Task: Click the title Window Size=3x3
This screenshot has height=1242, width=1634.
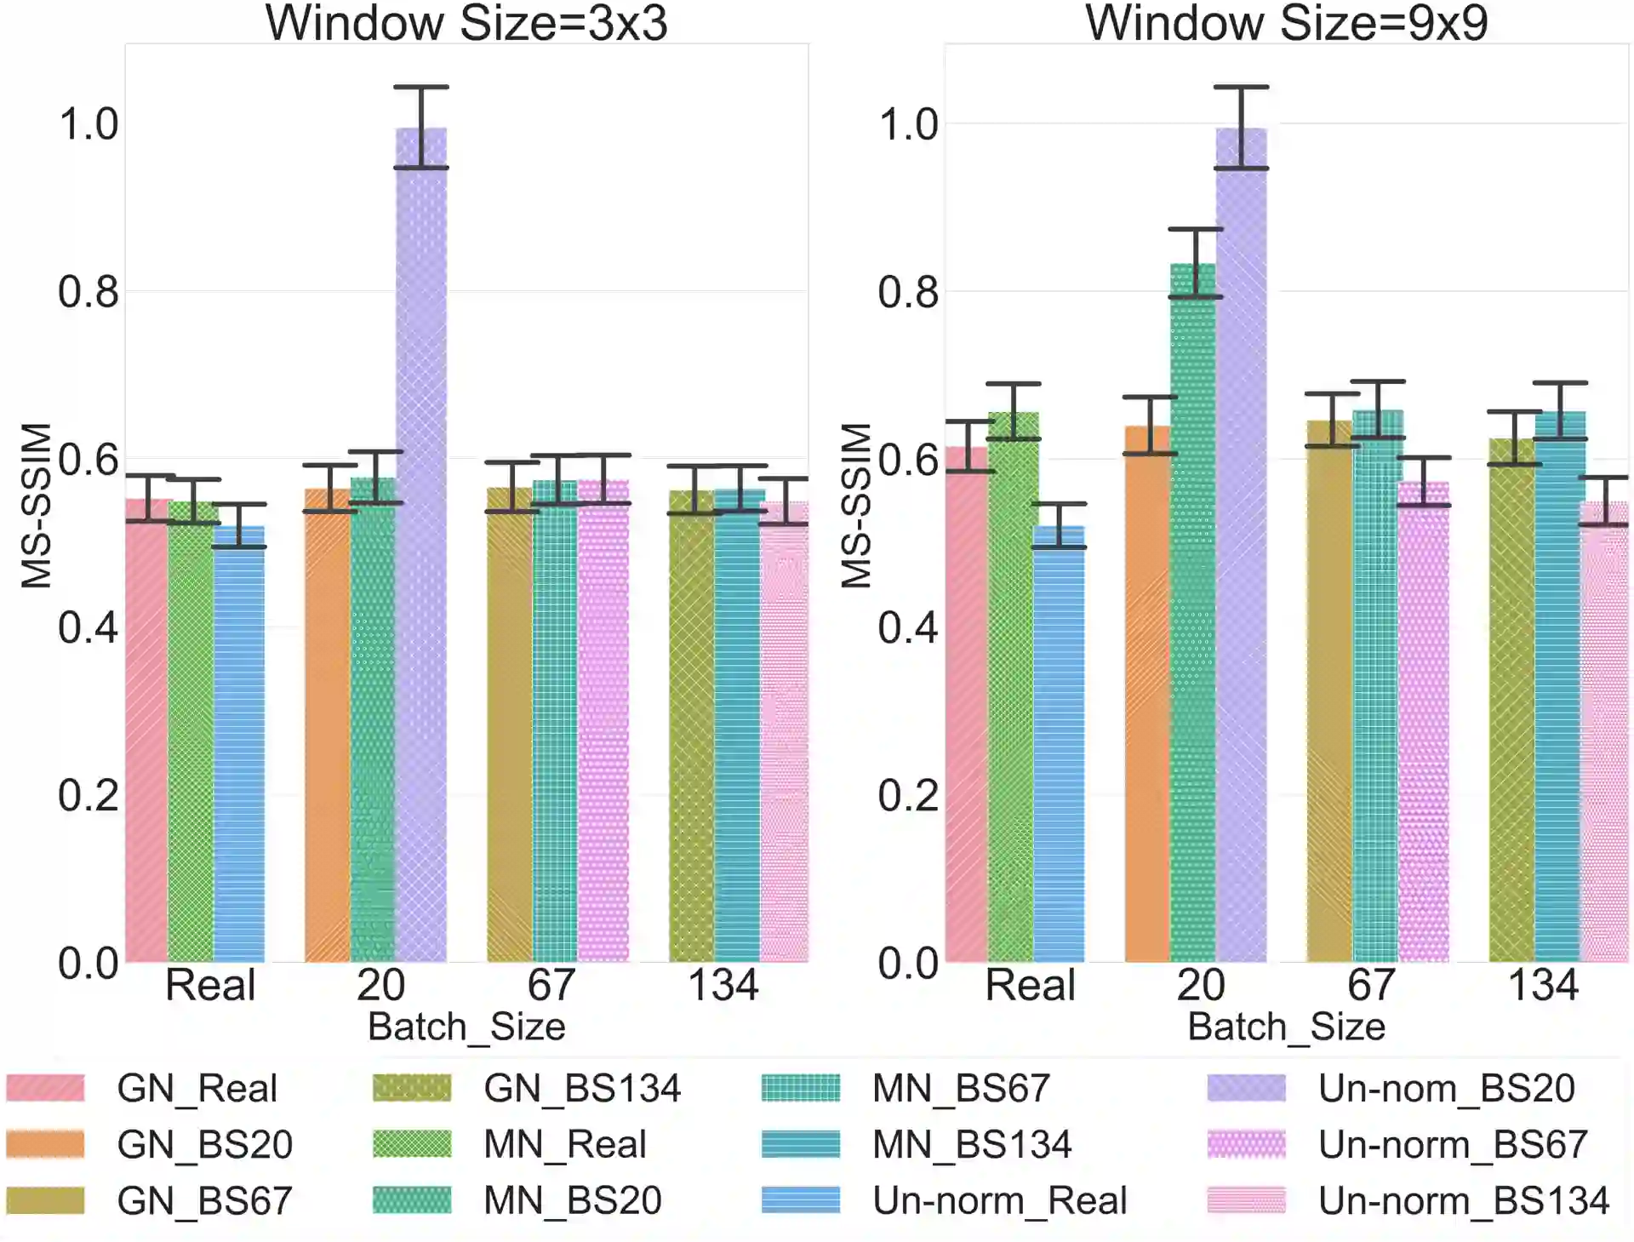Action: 466,23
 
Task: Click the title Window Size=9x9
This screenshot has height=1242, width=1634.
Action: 1286,23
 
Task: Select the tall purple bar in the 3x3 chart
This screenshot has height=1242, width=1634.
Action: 421,545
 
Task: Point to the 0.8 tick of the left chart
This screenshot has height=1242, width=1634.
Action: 88,292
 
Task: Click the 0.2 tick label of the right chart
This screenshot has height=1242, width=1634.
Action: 908,796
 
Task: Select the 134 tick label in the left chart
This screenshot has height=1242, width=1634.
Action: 723,986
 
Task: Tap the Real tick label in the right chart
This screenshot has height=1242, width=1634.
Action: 1030,986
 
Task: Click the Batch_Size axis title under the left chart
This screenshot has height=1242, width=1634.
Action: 466,1027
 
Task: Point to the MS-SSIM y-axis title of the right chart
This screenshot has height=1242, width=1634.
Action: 856,506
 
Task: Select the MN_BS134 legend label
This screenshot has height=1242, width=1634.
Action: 971,1145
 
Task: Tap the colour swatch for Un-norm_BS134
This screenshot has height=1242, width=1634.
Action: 1246,1201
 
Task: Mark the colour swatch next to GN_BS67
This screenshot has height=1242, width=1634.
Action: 45,1201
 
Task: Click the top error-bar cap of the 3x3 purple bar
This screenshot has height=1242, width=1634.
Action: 421,87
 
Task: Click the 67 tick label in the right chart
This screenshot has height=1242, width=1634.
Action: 1370,986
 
